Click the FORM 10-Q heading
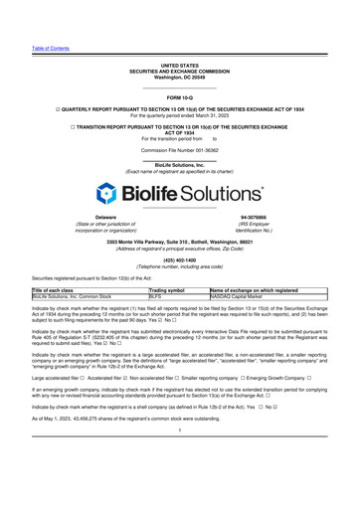(x=179, y=97)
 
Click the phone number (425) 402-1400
(x=179, y=260)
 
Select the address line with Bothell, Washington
(x=179, y=242)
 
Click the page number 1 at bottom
(x=179, y=485)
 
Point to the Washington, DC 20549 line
(x=179, y=77)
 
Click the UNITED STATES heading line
(x=179, y=65)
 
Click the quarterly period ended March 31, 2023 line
(x=179, y=116)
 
